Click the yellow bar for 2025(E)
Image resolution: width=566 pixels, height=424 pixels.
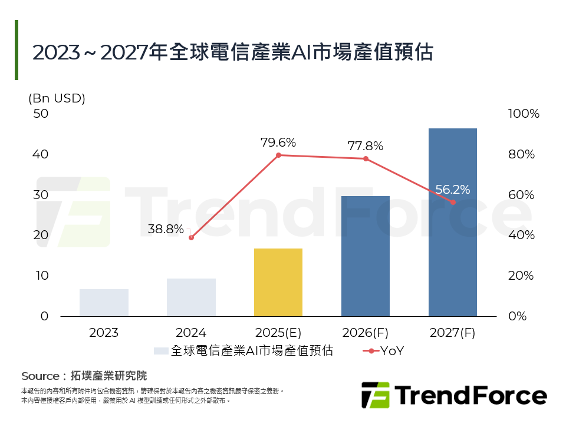278,282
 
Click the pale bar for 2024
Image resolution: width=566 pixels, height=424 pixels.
191,297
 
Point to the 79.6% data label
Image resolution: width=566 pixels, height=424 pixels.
278,143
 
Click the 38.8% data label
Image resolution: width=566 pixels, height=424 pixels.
166,229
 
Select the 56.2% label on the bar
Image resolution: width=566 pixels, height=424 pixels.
452,190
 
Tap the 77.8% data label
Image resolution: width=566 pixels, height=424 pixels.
365,145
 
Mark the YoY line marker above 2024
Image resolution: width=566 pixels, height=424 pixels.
191,237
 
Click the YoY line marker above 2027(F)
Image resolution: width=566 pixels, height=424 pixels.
453,202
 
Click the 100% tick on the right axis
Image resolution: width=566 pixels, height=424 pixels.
524,114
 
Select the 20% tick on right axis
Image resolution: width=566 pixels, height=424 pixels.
521,276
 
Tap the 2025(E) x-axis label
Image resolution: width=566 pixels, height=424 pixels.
278,333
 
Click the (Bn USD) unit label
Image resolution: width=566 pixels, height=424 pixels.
57,98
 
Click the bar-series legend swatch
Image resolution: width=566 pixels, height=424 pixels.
161,351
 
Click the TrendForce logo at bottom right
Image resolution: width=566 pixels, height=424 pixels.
454,395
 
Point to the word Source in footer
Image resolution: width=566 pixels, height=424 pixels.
40,376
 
